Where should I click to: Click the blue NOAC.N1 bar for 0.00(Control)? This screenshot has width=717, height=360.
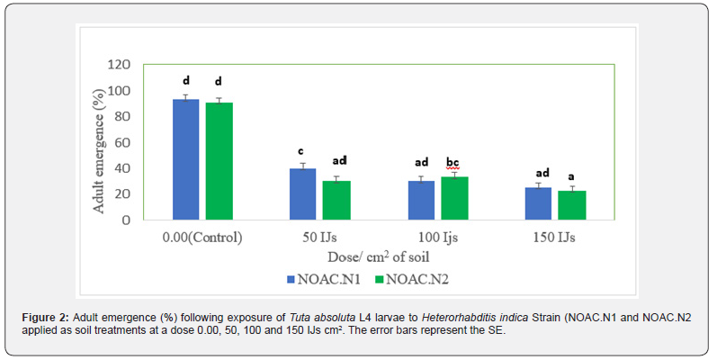186,159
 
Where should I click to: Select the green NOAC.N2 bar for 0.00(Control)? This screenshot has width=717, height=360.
219,161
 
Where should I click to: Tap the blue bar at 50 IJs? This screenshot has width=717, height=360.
303,193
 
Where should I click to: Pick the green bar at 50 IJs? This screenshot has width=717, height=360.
336,200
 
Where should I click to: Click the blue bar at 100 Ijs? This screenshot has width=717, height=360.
421,200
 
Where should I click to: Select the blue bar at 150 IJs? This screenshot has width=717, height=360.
539,202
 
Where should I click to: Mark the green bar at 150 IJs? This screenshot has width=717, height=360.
571,205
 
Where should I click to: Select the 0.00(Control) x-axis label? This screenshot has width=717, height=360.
203,238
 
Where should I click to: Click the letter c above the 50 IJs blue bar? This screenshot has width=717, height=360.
302,150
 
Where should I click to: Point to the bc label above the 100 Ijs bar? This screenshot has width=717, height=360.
454,162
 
